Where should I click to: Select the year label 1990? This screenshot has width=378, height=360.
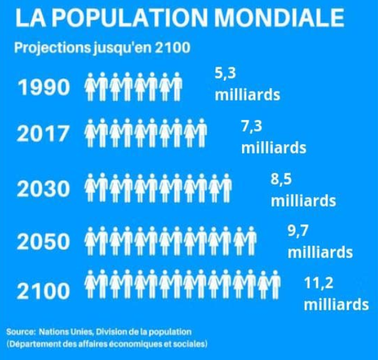[44, 88]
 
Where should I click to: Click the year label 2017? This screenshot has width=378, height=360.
[44, 134]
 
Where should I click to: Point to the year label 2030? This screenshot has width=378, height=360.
[44, 190]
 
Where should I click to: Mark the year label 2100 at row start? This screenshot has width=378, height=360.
[44, 292]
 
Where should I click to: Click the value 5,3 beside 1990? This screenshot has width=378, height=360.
[225, 74]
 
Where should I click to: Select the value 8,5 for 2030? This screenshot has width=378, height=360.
[282, 179]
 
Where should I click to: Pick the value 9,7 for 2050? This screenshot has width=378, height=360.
[298, 230]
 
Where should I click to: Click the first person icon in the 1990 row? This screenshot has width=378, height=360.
[92, 86]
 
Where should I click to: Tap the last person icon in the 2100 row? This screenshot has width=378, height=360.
[274, 284]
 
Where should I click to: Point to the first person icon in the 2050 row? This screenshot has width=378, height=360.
[92, 241]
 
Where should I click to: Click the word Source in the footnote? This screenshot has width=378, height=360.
[21, 332]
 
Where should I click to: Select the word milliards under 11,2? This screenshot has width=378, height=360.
[336, 304]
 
